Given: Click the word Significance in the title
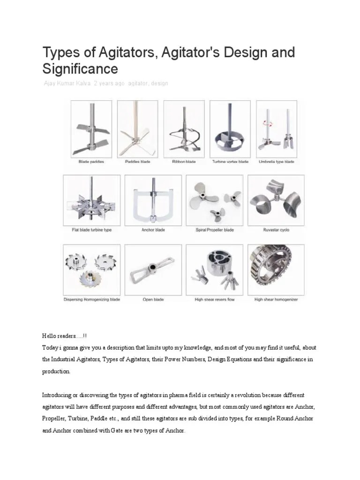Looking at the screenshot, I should [x=80, y=69].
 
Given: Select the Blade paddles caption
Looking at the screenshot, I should [x=91, y=162].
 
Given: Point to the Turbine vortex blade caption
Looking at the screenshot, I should [x=230, y=162].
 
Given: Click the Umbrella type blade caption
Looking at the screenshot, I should [x=277, y=162].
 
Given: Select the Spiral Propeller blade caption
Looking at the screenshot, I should [x=214, y=230].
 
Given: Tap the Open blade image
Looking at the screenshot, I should [x=153, y=269].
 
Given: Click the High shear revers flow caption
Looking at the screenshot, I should [x=214, y=300].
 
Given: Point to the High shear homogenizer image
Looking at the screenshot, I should [x=276, y=269].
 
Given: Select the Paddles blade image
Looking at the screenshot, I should [x=137, y=129].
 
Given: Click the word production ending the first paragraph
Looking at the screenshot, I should [x=56, y=371].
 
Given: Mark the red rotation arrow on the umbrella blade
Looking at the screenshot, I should [x=269, y=122].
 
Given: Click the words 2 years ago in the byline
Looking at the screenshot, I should [x=109, y=83].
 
